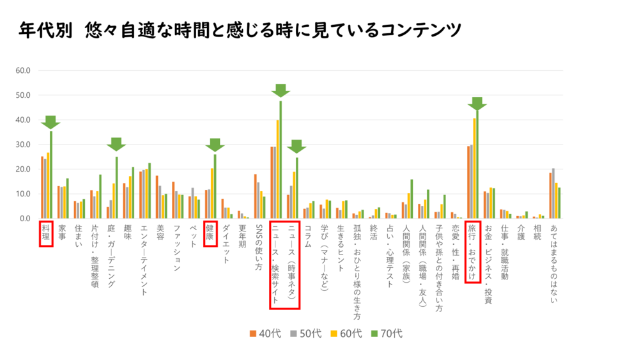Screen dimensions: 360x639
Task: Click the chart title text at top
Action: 240,30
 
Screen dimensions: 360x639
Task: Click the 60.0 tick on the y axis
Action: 23,70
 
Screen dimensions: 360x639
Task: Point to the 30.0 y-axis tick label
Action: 23,145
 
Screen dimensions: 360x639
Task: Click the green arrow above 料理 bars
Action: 50,121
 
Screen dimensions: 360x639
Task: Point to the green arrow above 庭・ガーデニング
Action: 116,144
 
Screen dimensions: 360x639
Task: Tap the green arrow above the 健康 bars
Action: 215,145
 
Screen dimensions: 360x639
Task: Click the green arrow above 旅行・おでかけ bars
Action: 477,104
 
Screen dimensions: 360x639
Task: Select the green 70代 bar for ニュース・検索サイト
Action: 281,160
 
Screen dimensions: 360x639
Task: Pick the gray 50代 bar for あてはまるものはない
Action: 553,194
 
